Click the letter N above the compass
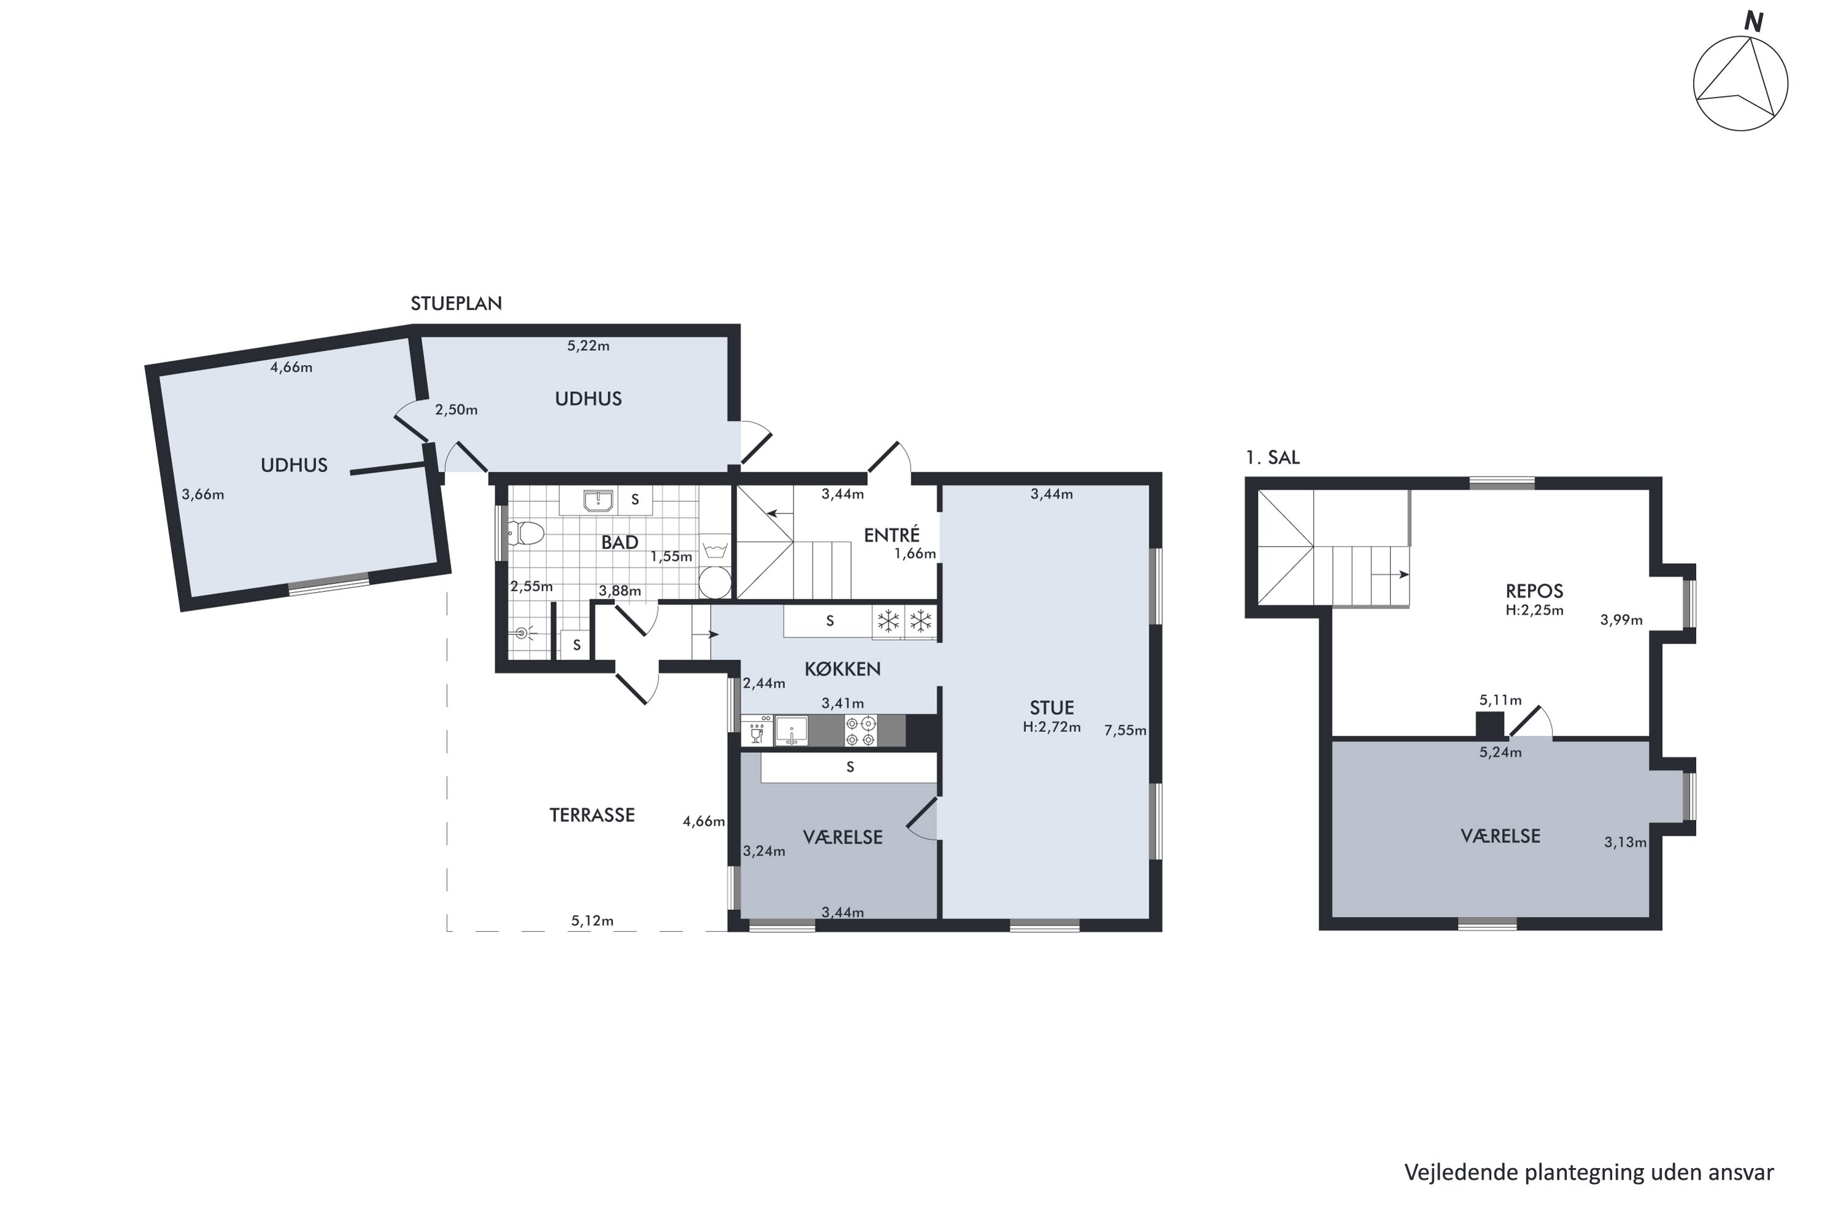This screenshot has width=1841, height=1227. (1753, 22)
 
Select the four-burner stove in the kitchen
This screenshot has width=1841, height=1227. (860, 731)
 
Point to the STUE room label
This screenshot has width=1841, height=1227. (1051, 707)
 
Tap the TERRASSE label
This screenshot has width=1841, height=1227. (592, 815)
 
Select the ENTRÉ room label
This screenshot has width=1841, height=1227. (892, 534)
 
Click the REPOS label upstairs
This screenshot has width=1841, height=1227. (1534, 591)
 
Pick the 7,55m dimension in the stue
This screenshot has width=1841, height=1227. (1125, 730)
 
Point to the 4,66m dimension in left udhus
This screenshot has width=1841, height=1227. (291, 367)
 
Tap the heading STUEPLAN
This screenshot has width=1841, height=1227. (457, 304)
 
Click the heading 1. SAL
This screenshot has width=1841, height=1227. (1273, 458)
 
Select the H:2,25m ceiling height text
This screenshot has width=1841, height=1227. (1534, 610)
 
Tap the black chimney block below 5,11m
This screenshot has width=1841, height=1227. (1489, 724)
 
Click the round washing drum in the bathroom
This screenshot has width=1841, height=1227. (715, 583)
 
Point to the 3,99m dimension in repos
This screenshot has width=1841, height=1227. (1621, 620)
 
